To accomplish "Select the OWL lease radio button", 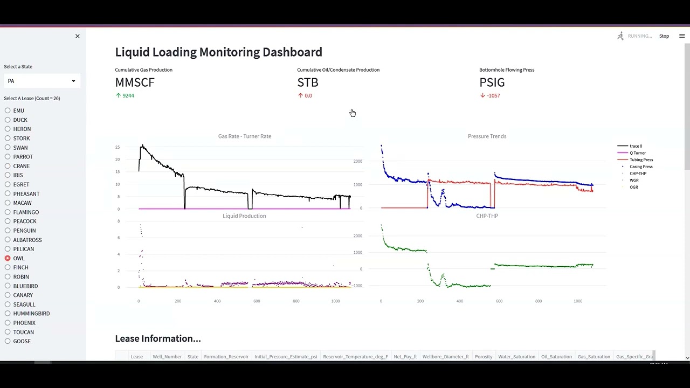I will coord(8,258).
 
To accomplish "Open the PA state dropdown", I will coord(42,81).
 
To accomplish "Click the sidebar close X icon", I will coord(77,36).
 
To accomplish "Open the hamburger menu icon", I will coord(682,36).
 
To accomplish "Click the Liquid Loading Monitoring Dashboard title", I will coord(218,52).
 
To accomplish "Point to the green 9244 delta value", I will coord(128,95).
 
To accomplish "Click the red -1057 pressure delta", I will coord(493,95).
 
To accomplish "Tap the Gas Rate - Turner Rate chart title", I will coord(244,136).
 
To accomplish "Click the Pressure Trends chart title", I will coord(487,136).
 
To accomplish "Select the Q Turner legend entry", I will coord(637,153).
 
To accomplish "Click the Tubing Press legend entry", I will coord(641,160).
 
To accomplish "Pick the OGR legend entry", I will coord(633,187).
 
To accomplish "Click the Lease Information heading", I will coord(157,338).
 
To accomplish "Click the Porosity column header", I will coord(484,357).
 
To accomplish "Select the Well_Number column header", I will coord(167,357).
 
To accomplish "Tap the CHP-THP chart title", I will coord(487,216).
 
